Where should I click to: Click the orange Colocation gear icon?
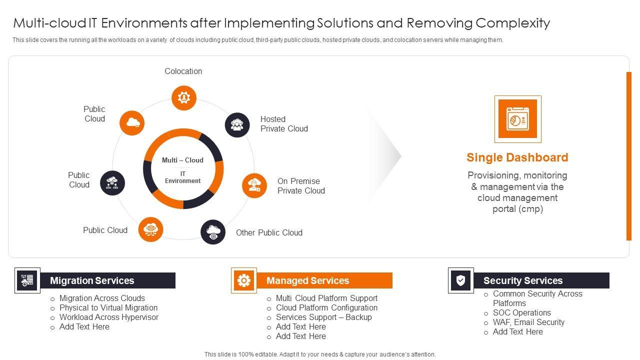point(184,97)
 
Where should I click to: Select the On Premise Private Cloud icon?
point(254,185)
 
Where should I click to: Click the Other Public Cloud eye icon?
point(213,232)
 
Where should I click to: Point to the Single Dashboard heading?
point(517,157)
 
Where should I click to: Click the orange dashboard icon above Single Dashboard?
point(517,119)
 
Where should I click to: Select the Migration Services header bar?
point(107,280)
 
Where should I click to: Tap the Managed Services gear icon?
point(244,280)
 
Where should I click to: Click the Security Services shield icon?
point(460,280)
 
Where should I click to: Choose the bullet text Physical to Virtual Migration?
point(108,307)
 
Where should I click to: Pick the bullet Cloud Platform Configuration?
point(326,307)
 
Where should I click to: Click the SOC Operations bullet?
point(521,312)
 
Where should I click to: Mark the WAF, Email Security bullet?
point(528,322)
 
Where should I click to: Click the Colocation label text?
point(183,71)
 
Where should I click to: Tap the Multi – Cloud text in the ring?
point(182,160)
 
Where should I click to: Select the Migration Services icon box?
point(27,280)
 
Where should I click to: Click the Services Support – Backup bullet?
point(323,317)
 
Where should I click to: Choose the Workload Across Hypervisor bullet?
point(108,317)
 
